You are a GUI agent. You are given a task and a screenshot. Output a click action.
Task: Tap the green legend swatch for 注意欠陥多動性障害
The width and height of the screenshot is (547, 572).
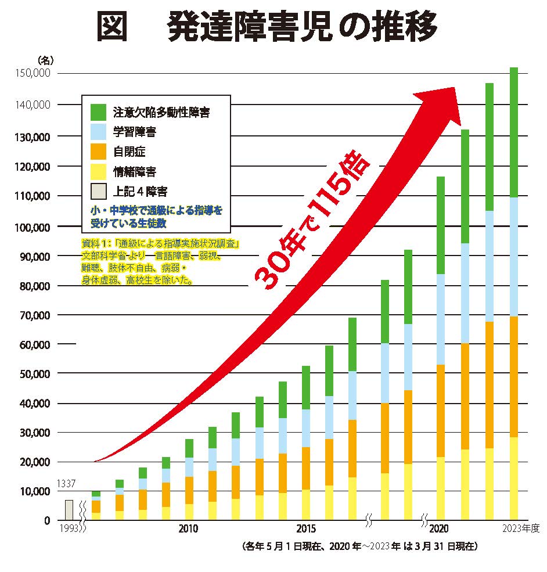(x=99, y=111)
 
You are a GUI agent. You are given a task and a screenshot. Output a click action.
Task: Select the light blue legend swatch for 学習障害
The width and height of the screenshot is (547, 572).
(x=99, y=132)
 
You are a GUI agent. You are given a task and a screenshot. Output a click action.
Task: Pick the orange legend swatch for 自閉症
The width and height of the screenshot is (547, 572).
(x=99, y=152)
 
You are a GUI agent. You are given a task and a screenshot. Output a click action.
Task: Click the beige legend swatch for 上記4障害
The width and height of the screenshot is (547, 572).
(x=99, y=191)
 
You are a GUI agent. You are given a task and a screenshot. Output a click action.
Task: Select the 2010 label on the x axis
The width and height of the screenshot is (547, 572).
(x=188, y=529)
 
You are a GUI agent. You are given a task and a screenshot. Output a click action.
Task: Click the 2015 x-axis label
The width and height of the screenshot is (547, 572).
(x=306, y=529)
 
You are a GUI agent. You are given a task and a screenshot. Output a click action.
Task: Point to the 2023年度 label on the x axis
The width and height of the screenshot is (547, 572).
(x=521, y=529)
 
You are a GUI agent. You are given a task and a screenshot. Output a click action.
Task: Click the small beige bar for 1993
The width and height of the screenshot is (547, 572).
(x=69, y=510)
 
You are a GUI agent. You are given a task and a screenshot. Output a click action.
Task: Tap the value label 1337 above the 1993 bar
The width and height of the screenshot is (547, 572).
(x=67, y=483)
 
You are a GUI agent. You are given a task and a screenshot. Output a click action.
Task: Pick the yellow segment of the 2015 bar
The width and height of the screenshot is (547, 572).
(x=306, y=505)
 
